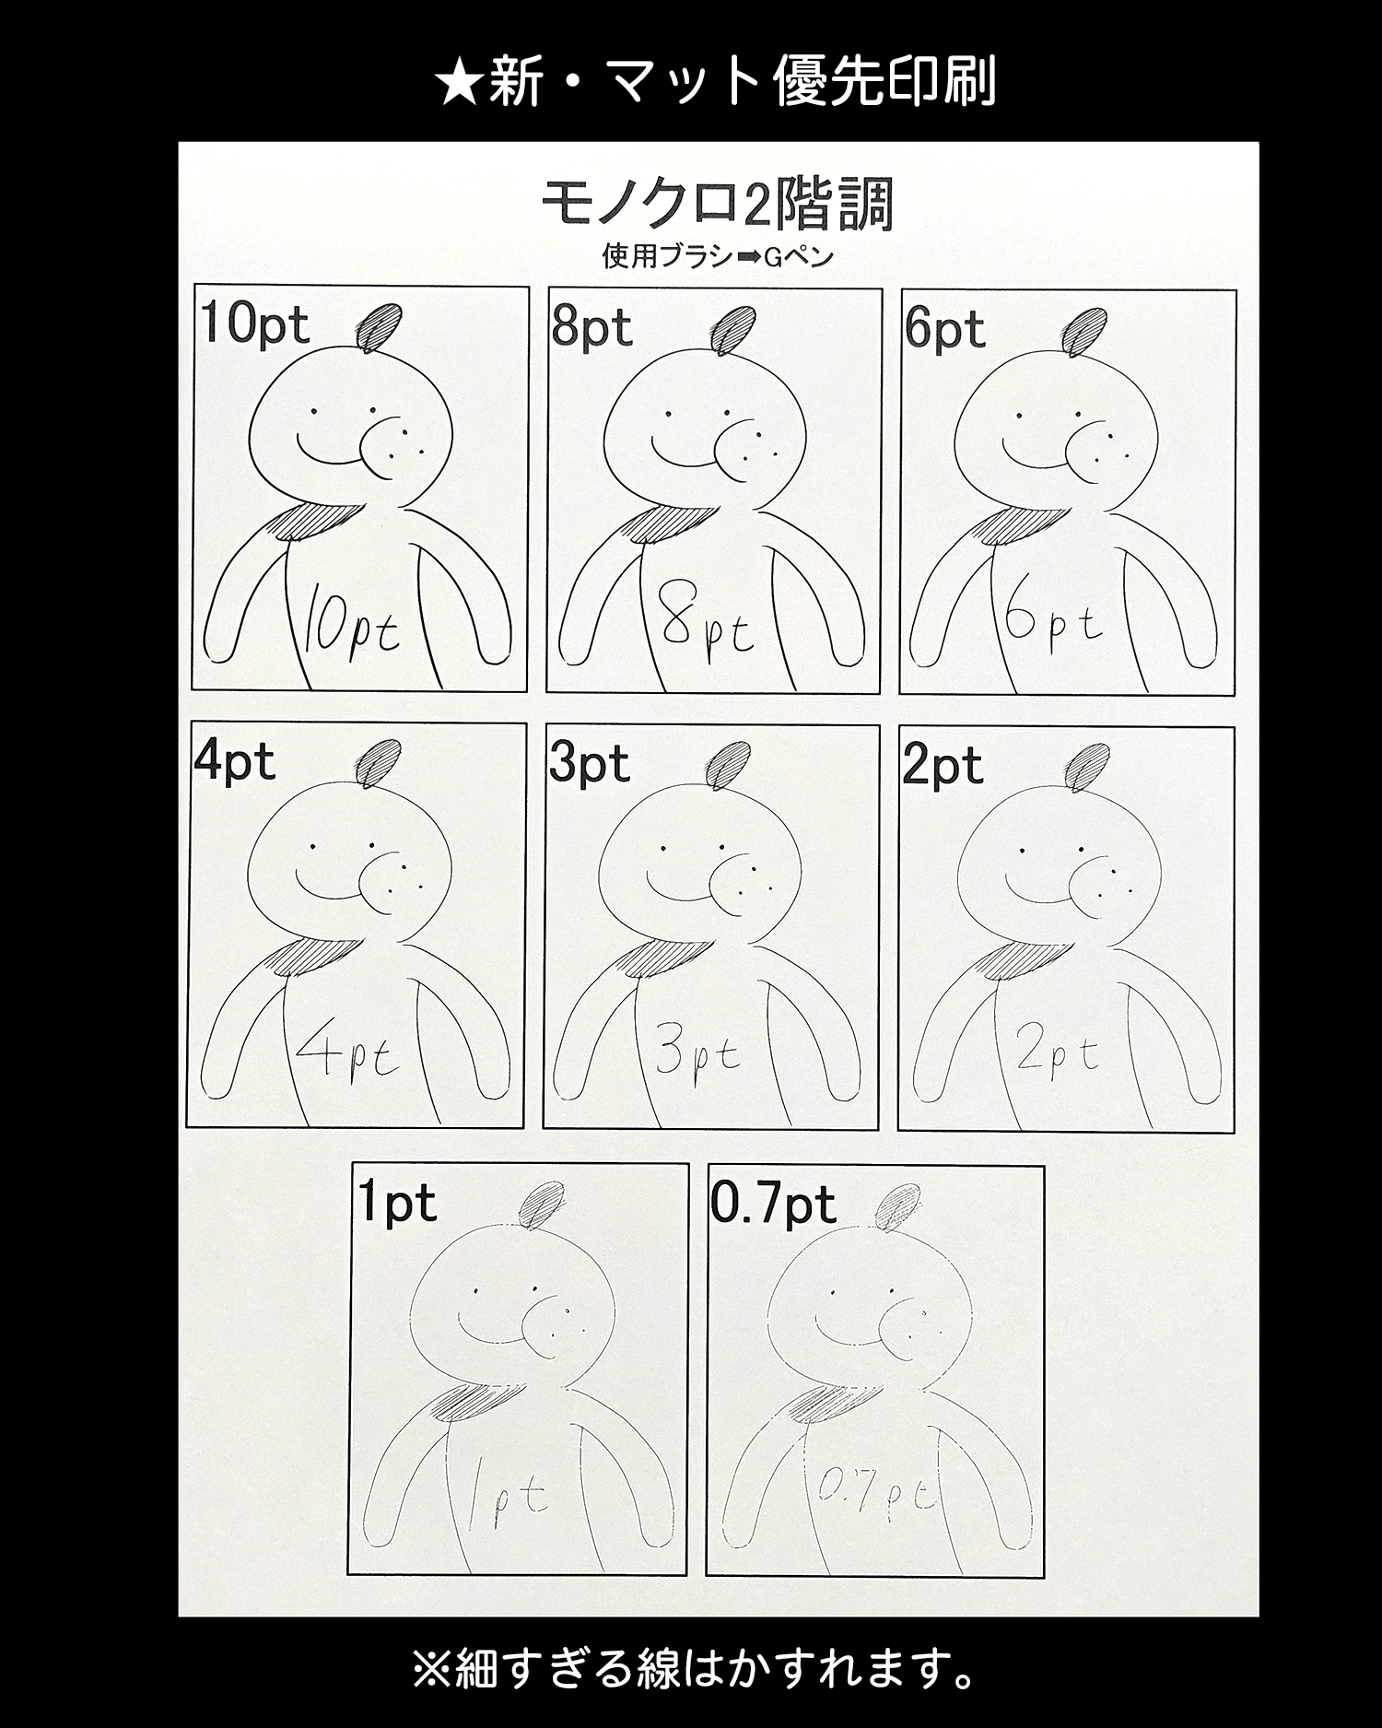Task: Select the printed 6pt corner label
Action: point(944,329)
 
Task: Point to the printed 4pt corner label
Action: point(235,762)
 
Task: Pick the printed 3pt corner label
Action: point(590,764)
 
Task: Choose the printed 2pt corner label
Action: point(943,767)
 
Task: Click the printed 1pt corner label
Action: point(397,1203)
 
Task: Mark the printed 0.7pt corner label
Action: point(773,1205)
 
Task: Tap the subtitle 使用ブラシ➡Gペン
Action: point(718,255)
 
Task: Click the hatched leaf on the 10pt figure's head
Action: point(379,326)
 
